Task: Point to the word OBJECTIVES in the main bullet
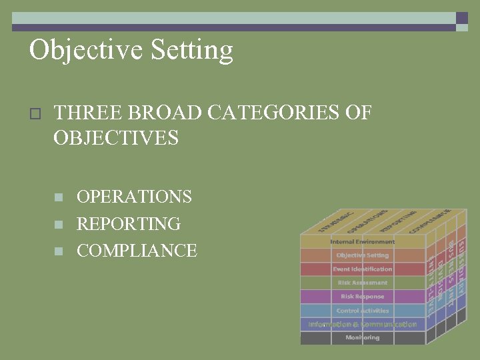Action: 116,138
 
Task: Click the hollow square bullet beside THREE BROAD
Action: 36,113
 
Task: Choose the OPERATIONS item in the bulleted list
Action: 134,197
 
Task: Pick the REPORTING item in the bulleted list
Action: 129,223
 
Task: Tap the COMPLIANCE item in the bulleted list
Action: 137,250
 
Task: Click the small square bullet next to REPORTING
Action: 59,224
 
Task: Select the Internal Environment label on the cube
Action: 363,241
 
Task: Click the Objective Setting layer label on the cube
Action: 363,255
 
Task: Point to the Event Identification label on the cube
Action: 363,269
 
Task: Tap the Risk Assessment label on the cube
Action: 363,283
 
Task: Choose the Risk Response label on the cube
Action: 363,297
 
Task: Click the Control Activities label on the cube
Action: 363,311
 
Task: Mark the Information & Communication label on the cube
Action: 363,325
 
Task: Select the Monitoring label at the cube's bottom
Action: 363,338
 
